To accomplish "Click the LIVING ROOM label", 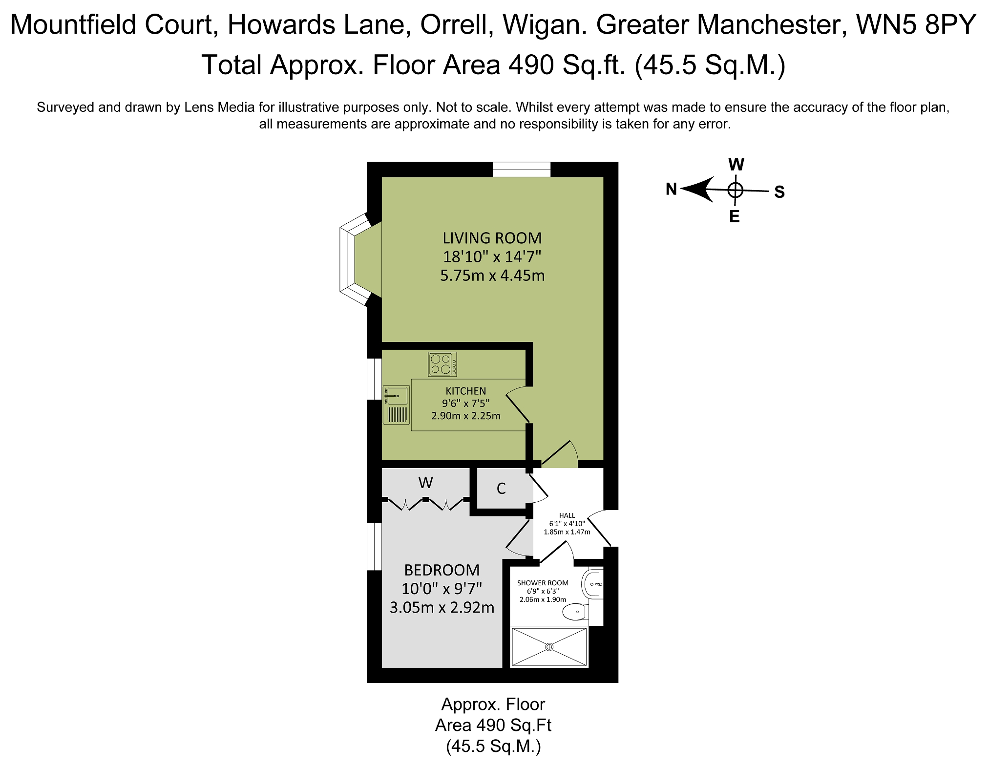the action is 492,238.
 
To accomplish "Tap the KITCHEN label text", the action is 466,391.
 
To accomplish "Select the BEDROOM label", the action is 442,570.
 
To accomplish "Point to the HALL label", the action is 567,515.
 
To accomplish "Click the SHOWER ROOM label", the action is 543,583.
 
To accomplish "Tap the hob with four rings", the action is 442,364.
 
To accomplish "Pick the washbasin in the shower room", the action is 591,584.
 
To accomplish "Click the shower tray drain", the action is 549,647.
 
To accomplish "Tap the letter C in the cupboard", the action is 501,489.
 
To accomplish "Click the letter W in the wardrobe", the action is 425,483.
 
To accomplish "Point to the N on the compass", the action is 672,189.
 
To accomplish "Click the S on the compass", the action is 779,192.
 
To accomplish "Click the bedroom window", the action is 374,546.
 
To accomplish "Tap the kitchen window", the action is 374,379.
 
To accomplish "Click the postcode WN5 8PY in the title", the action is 916,24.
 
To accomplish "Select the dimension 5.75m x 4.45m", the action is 492,276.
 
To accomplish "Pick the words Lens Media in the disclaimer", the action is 219,107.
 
